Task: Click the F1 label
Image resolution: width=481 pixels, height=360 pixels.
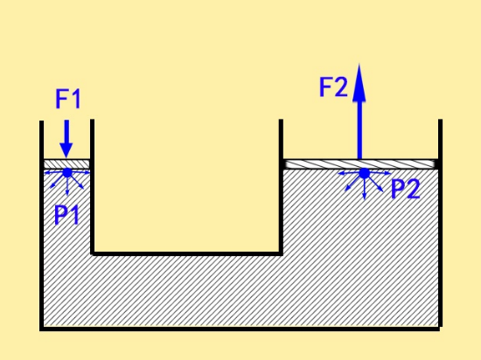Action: [x=68, y=99]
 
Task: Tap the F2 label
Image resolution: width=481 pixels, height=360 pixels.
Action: [x=333, y=87]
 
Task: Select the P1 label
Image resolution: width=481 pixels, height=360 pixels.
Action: [x=66, y=215]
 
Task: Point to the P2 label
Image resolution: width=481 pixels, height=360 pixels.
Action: [x=406, y=189]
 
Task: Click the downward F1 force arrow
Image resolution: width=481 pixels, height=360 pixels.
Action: [x=66, y=139]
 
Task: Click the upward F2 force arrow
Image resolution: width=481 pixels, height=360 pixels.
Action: [x=359, y=112]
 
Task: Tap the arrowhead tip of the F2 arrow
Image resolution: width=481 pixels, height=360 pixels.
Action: [x=359, y=64]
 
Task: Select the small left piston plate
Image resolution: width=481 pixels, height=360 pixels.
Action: [x=66, y=164]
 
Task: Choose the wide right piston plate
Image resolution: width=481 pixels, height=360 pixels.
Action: [x=360, y=164]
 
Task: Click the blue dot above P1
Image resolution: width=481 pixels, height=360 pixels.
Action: [x=67, y=173]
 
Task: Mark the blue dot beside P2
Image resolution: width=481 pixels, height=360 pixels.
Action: [x=364, y=173]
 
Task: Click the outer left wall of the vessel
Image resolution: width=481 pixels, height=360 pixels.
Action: [x=41, y=225]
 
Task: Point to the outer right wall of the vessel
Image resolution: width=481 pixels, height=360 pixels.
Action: [x=440, y=223]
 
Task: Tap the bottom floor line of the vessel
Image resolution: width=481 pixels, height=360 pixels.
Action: [x=240, y=329]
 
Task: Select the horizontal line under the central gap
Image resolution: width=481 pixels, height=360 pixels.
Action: [x=186, y=253]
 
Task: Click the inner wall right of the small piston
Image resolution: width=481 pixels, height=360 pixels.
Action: [x=92, y=187]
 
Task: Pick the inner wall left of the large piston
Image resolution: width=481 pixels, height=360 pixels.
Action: [x=281, y=187]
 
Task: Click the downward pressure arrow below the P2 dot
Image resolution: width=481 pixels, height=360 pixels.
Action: [x=364, y=189]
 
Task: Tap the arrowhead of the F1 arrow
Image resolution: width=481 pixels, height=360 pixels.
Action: [x=66, y=151]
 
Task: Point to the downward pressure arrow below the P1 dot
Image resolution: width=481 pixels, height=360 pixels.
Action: [x=67, y=187]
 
